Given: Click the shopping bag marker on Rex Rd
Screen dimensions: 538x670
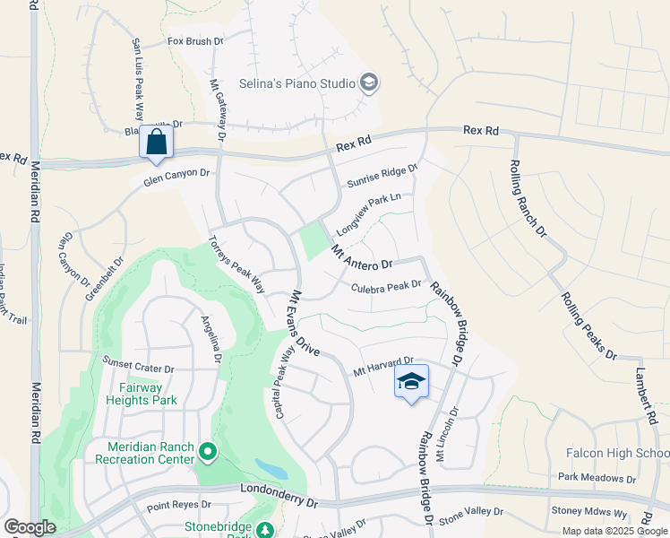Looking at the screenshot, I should pyautogui.click(x=157, y=143).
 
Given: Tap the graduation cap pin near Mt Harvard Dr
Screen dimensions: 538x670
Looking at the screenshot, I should pyautogui.click(x=411, y=382).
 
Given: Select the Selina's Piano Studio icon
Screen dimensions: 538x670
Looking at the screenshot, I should pyautogui.click(x=368, y=84).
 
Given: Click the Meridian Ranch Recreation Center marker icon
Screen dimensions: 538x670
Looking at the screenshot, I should pyautogui.click(x=208, y=452).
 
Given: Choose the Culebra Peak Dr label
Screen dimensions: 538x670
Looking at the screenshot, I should pyautogui.click(x=386, y=287).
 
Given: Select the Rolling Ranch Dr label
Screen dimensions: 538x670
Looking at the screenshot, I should pyautogui.click(x=528, y=198).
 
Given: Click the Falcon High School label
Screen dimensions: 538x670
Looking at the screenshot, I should pyautogui.click(x=617, y=454).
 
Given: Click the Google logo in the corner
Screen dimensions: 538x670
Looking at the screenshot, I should pyautogui.click(x=30, y=527).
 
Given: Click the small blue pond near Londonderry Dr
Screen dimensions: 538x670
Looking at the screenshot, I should pyautogui.click(x=271, y=468).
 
